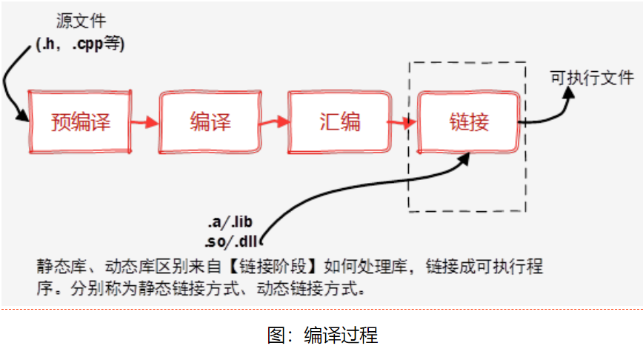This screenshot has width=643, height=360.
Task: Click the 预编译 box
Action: click(x=80, y=122)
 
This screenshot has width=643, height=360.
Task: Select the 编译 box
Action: click(x=210, y=122)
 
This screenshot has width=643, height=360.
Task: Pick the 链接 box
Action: click(x=469, y=122)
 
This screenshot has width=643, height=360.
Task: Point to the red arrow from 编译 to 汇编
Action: click(x=275, y=122)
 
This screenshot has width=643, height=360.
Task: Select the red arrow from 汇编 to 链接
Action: click(x=404, y=122)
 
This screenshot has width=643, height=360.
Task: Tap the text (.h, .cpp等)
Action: click(x=81, y=44)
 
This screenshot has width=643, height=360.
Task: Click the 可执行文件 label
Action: click(x=591, y=76)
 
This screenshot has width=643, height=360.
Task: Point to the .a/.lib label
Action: click(x=232, y=222)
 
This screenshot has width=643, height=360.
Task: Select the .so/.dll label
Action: click(x=232, y=241)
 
